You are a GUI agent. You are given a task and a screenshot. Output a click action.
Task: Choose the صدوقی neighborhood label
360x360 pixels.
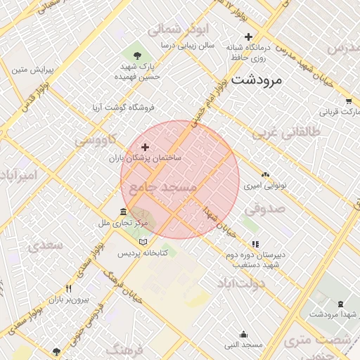[x=264, y=209]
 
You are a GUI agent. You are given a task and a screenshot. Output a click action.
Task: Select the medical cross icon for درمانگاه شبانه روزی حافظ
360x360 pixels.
[x=248, y=37]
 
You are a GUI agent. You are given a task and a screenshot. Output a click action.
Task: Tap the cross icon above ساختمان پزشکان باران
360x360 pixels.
[x=146, y=147]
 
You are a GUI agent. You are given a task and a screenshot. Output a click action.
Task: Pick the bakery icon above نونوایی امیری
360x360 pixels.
[x=265, y=174]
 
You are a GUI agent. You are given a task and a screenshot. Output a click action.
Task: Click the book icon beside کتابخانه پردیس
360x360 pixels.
[x=143, y=241]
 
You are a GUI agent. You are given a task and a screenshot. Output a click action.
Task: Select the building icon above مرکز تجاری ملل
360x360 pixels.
[x=123, y=212]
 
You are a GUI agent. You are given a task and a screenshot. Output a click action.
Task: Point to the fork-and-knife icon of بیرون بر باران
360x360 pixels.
[x=68, y=288]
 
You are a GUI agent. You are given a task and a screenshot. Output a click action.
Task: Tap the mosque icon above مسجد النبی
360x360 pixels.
[x=243, y=335]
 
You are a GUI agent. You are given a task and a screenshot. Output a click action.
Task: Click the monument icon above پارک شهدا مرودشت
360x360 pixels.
[x=341, y=304]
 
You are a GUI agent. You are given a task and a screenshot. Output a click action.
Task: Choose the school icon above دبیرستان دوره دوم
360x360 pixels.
[x=255, y=244]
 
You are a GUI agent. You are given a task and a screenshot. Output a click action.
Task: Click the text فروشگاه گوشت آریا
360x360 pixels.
[x=123, y=108]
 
